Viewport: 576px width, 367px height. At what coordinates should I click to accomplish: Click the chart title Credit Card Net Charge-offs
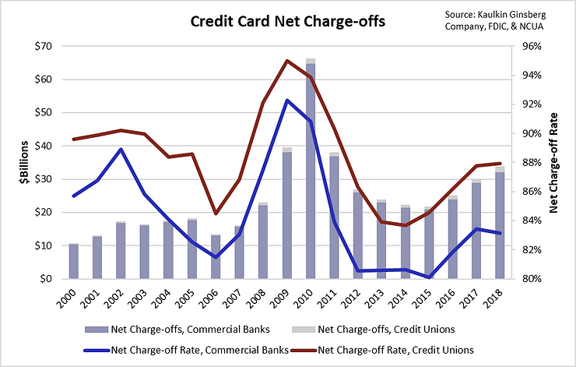coord(288,21)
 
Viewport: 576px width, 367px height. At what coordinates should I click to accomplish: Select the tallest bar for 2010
coord(311,168)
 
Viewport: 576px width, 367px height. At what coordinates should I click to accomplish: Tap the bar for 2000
coord(74,261)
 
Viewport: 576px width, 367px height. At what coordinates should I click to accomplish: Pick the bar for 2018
coord(500,223)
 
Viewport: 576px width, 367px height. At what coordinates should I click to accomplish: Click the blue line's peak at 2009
coord(287,100)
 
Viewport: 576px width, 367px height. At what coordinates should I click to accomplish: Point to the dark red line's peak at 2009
coord(287,61)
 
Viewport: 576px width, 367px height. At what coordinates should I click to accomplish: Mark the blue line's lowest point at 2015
coord(429,277)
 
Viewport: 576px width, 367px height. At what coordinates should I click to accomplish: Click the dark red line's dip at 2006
coord(216,213)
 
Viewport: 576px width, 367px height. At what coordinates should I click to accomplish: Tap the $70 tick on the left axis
coord(44,46)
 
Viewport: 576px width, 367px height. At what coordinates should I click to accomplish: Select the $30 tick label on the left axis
coord(44,179)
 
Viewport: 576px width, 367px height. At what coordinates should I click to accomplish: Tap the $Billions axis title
coord(24,162)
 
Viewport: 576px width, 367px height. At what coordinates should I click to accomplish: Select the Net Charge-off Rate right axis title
coord(553,163)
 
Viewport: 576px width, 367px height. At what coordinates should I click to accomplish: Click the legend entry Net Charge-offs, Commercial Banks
coord(177,329)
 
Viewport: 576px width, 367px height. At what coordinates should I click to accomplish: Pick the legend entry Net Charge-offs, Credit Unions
coord(374,329)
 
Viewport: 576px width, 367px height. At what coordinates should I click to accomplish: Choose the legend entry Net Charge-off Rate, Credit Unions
coord(382,350)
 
